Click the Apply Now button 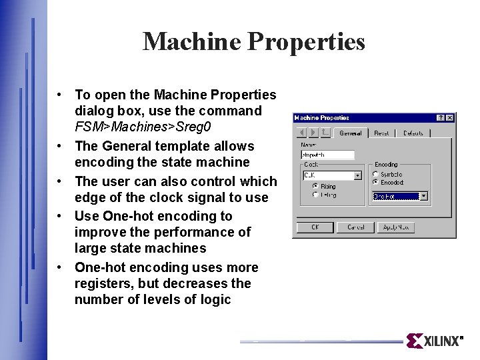pyautogui.click(x=396, y=227)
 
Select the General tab pyautogui.click(x=350, y=133)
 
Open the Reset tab pyautogui.click(x=381, y=133)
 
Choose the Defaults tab pyautogui.click(x=413, y=133)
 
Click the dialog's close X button pyautogui.click(x=450, y=118)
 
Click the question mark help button pyautogui.click(x=441, y=118)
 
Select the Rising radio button pyautogui.click(x=315, y=187)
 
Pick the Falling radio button pyautogui.click(x=315, y=195)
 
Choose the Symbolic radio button pyautogui.click(x=376, y=174)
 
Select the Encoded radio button pyautogui.click(x=376, y=181)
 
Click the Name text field pyautogui.click(x=327, y=155)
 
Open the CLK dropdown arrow pyautogui.click(x=357, y=176)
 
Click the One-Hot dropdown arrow pyautogui.click(x=423, y=197)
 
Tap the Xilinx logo pyautogui.click(x=434, y=341)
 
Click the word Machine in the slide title pyautogui.click(x=191, y=41)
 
